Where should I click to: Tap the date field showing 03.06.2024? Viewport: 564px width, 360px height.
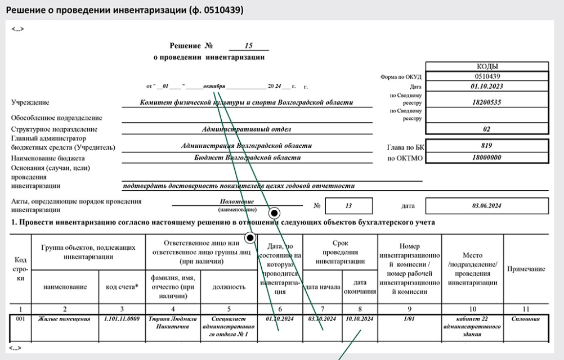point(486,206)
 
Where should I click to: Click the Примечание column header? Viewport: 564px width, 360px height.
point(526,269)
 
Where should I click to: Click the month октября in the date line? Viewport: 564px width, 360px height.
point(214,87)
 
